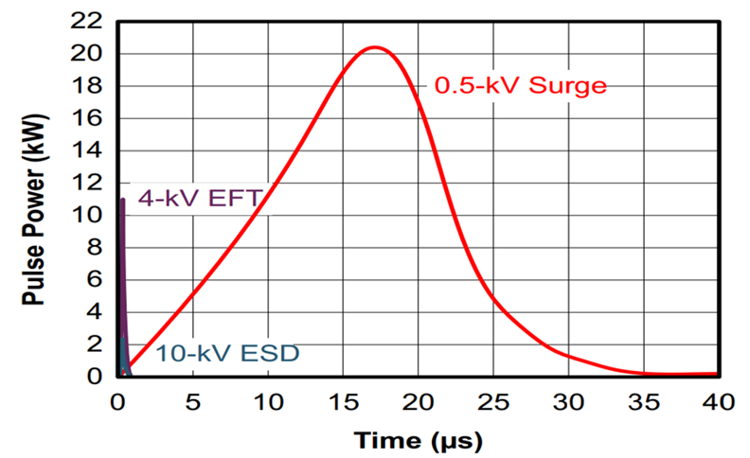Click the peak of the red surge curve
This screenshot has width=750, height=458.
(x=376, y=47)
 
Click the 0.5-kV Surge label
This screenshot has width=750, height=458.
(x=520, y=85)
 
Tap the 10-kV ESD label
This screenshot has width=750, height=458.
(x=227, y=354)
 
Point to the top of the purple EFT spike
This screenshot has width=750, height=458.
(x=123, y=200)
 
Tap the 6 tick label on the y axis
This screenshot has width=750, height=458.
(x=98, y=280)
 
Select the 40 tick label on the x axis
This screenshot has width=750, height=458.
(x=719, y=402)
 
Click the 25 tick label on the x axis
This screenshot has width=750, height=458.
(x=493, y=402)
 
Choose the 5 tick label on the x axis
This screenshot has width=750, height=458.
(x=193, y=402)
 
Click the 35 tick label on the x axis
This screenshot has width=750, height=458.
(x=644, y=402)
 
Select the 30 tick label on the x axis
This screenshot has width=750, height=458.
(x=568, y=402)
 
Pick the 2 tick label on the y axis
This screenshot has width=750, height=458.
(x=98, y=344)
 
